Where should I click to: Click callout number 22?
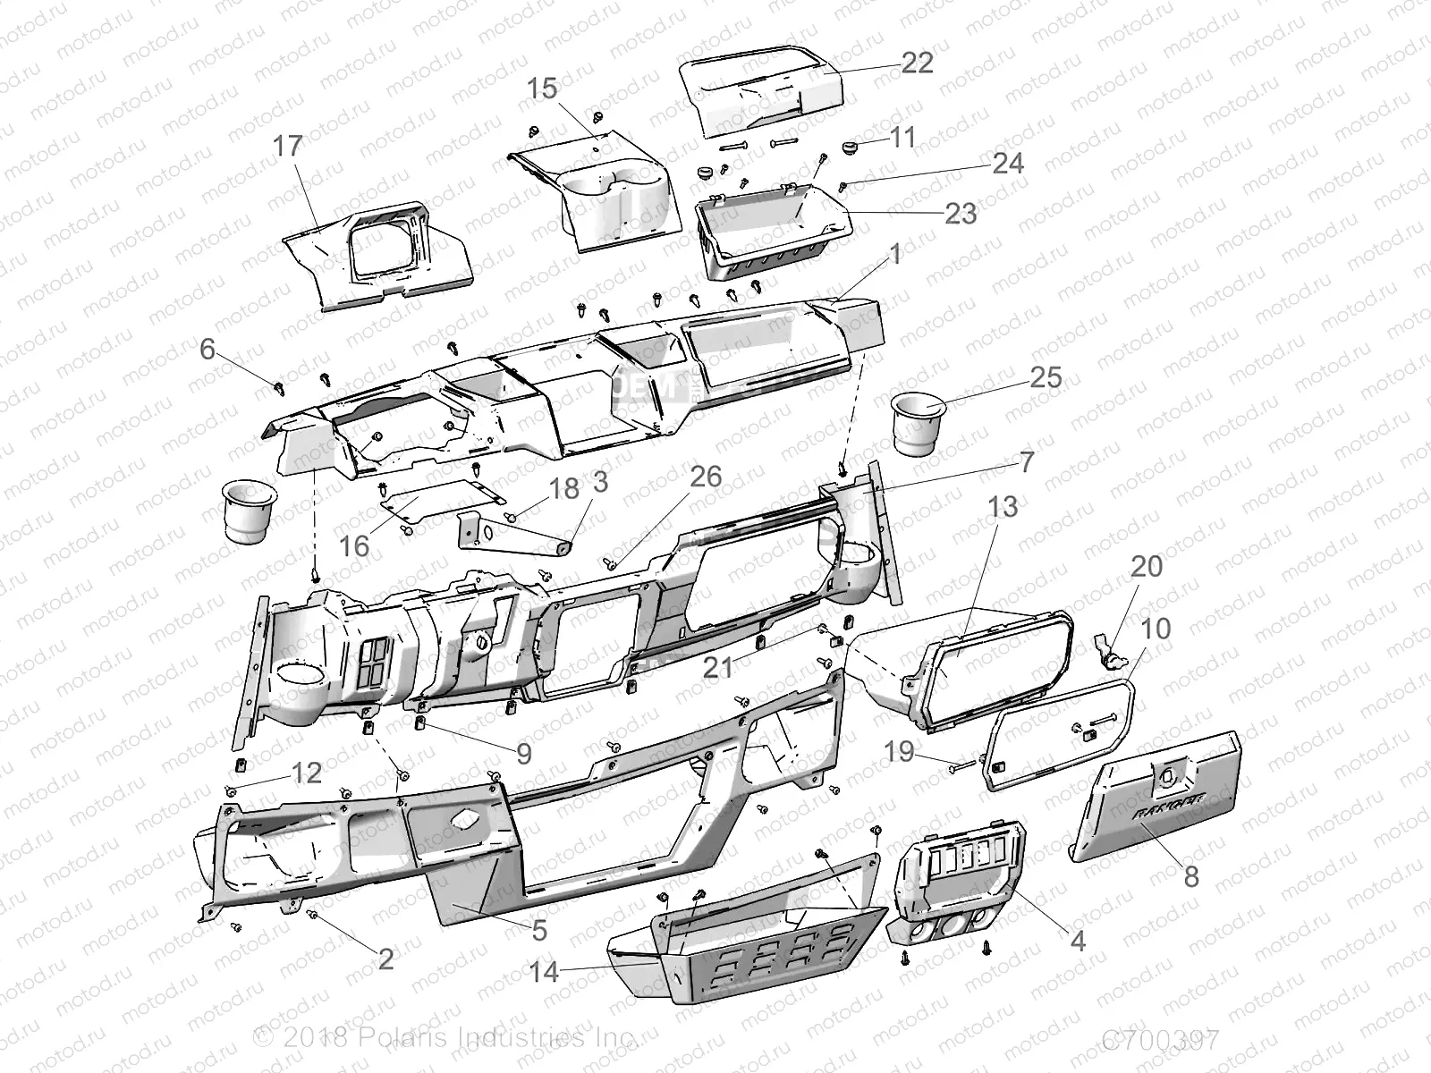point(917,62)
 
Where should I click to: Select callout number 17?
point(288,146)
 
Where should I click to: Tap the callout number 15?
point(541,89)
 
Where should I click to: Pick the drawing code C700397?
point(1159,1041)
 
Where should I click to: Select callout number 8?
point(1190,876)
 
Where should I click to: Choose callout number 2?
point(385,960)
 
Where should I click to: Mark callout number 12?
point(307,773)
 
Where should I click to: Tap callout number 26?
point(706,477)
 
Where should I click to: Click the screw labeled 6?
point(277,385)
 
